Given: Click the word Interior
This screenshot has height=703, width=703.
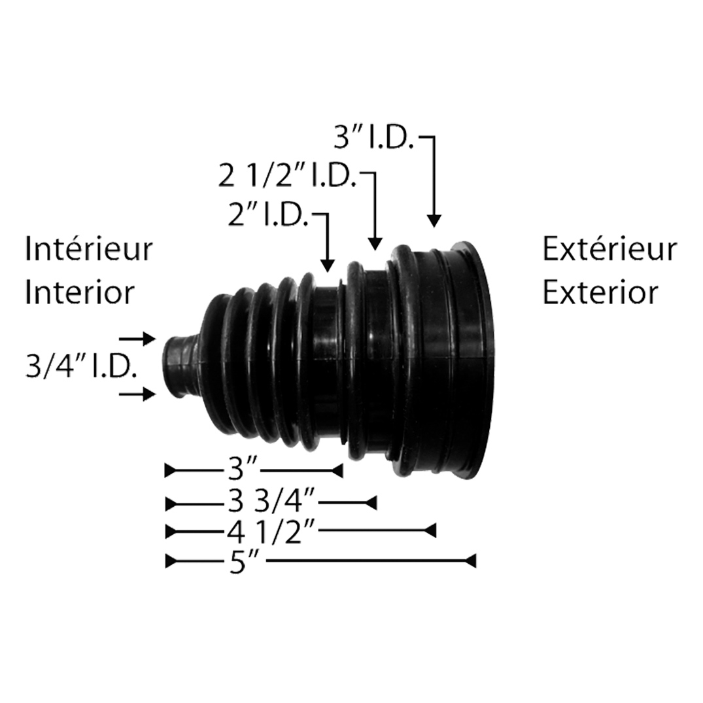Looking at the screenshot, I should coord(79,292).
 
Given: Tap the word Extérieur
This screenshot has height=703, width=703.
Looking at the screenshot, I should coord(609,250).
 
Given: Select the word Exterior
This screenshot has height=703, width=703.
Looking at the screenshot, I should coord(600,292).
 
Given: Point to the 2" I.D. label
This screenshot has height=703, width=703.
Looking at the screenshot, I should coord(268,216).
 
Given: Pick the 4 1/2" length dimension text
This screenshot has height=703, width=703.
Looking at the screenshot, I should coord(272,531).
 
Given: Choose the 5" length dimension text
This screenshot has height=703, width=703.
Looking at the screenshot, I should coord(245,562).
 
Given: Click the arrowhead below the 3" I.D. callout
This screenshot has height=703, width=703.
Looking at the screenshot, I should coord(434,220).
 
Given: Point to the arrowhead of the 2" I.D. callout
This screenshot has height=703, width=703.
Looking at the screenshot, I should coord(328,264).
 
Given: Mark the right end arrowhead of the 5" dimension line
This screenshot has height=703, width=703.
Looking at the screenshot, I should coord(470,561).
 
